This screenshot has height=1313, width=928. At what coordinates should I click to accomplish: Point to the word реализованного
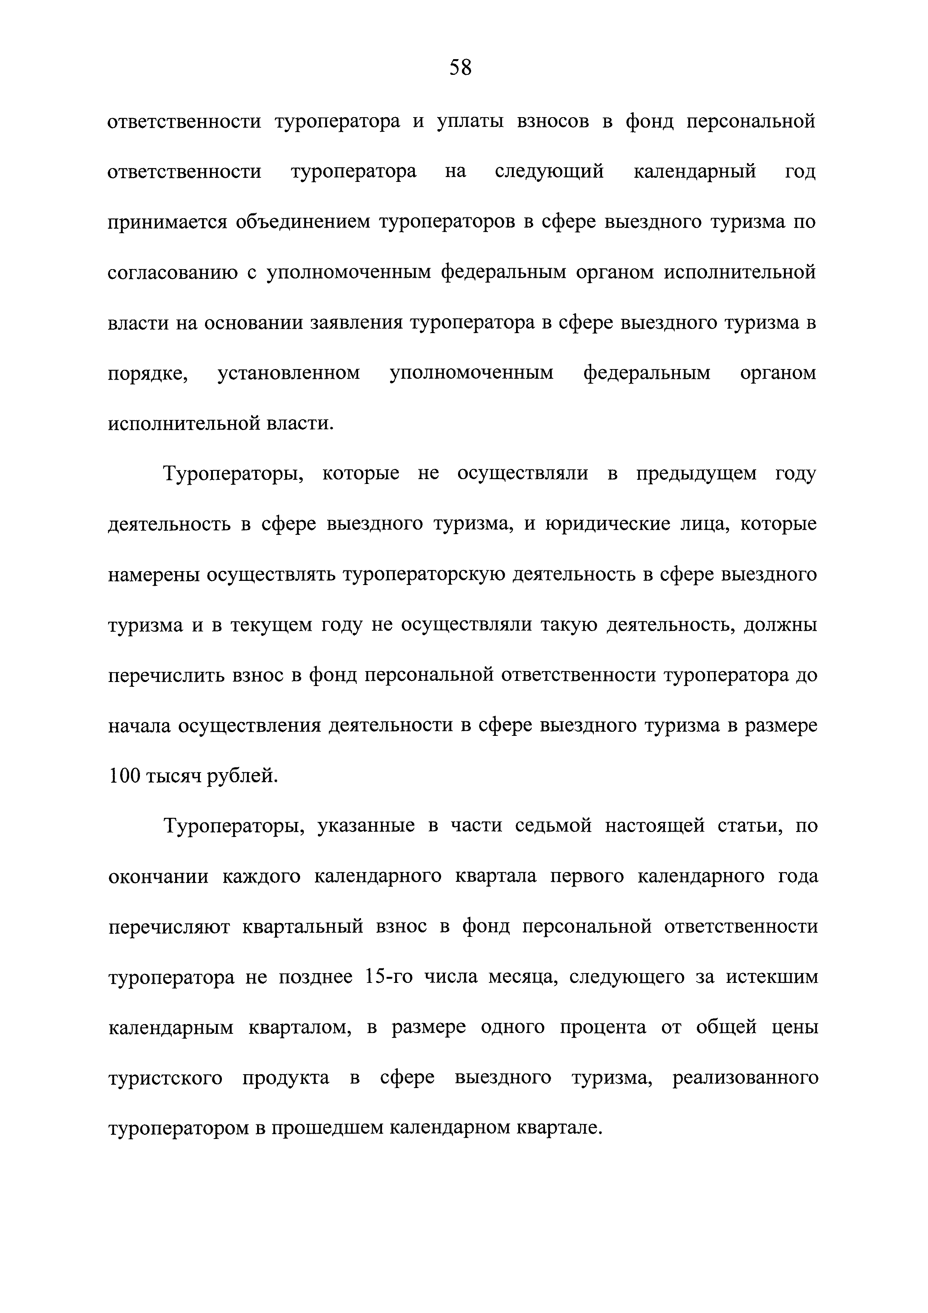click(745, 1078)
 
